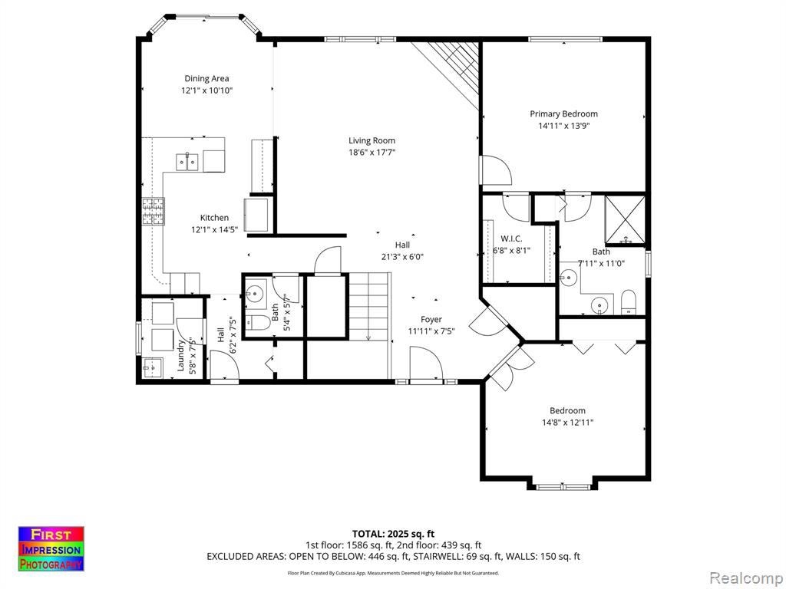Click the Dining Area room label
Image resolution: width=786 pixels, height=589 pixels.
(206, 79)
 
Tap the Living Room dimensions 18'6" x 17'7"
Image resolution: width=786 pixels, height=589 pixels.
(372, 153)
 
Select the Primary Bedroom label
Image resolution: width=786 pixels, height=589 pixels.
(563, 114)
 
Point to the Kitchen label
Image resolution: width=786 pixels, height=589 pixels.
(214, 218)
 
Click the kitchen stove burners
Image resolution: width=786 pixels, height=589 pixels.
(153, 212)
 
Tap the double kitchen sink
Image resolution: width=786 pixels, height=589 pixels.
(187, 162)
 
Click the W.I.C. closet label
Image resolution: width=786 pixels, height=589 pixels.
(510, 239)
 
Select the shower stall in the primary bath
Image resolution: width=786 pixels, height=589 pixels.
(625, 220)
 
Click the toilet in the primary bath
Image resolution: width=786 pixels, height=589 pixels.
(628, 302)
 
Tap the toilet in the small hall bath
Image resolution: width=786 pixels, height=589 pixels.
(259, 323)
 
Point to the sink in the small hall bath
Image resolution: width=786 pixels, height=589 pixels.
(256, 292)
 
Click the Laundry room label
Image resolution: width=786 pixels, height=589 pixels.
(181, 356)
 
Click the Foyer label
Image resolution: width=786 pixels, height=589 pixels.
(431, 320)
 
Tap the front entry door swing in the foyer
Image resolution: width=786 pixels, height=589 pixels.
(426, 364)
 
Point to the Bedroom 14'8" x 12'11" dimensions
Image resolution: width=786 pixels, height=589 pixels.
(567, 423)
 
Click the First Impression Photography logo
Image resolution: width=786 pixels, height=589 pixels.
(51, 549)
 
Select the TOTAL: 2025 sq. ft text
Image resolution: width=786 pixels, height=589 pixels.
(393, 534)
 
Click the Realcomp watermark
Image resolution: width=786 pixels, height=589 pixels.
(746, 578)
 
